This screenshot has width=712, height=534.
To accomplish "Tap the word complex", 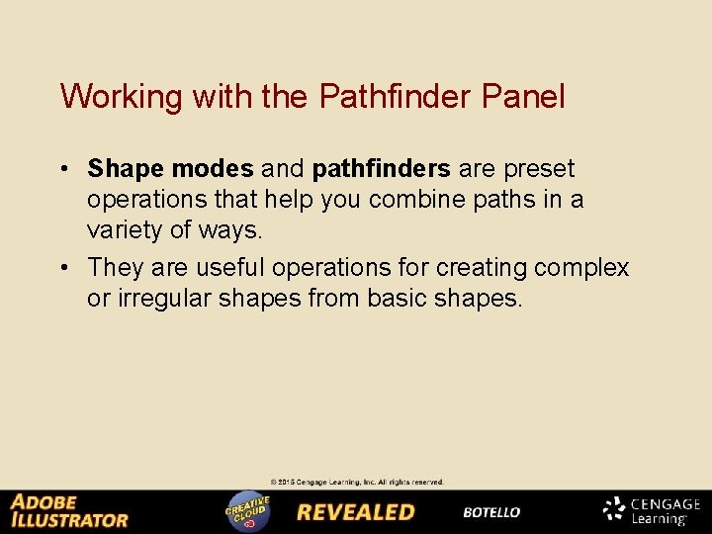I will [580, 268].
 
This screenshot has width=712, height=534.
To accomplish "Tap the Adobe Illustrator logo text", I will [69, 511].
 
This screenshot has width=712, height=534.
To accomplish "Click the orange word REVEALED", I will [356, 512].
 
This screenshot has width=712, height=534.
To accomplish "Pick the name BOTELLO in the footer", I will [491, 512].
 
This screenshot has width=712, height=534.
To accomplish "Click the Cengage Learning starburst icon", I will [615, 509].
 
